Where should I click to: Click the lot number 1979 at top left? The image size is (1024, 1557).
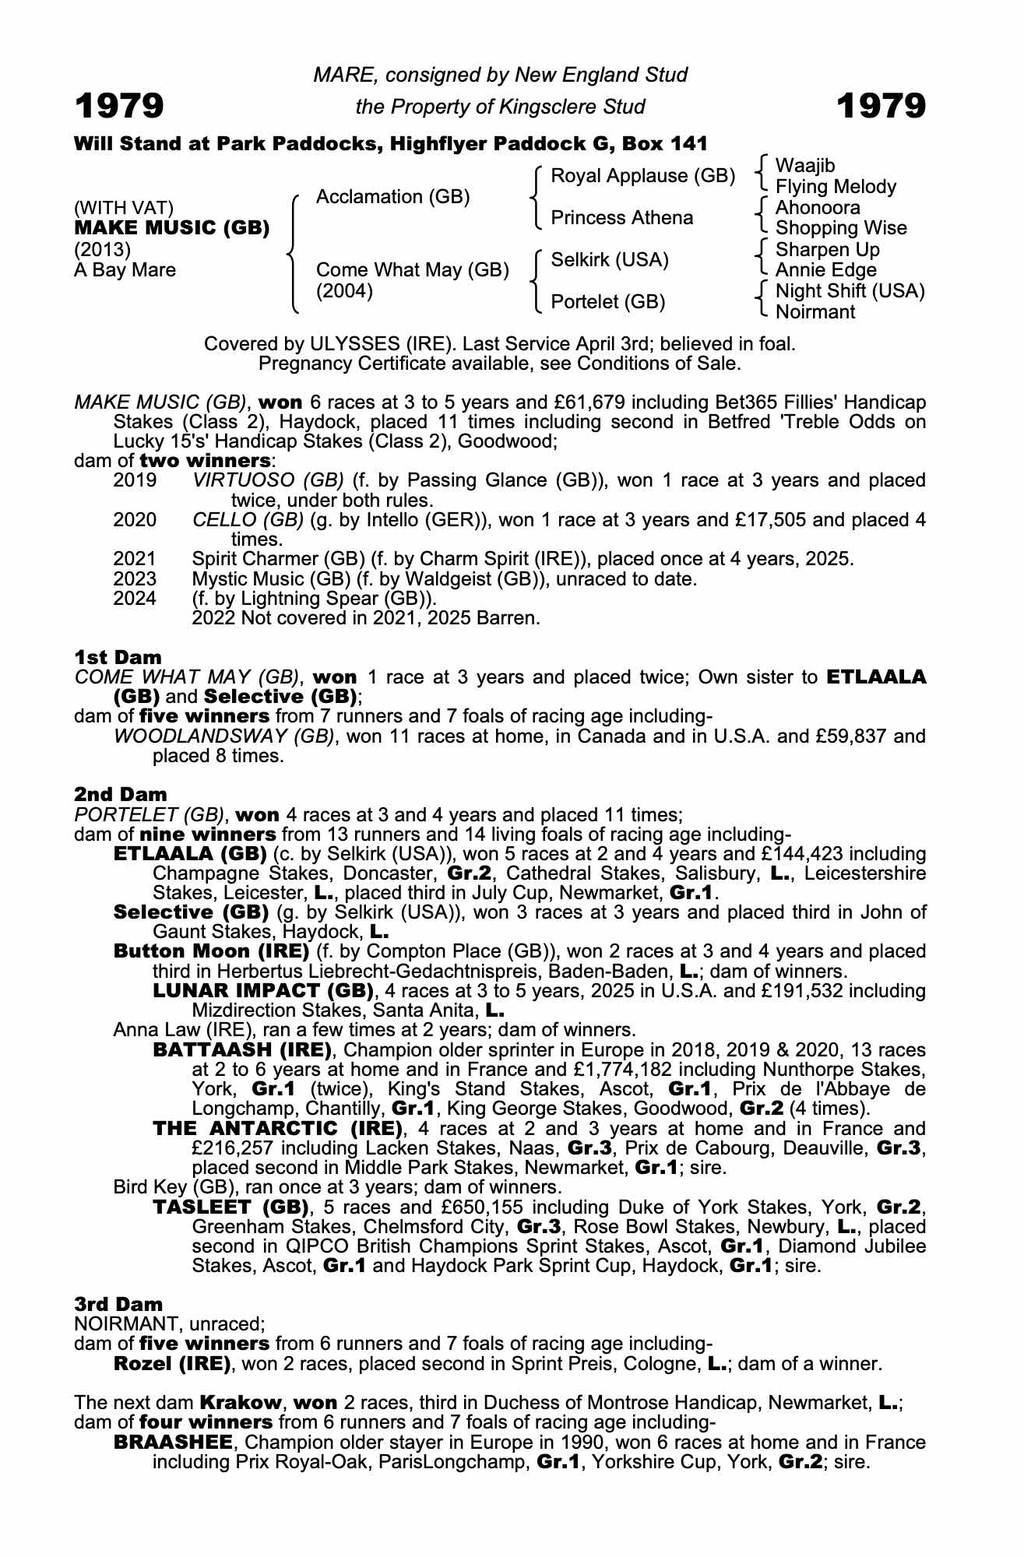(x=119, y=106)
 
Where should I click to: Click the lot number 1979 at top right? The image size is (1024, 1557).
(x=881, y=106)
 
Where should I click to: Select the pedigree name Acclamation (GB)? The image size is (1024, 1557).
(x=392, y=197)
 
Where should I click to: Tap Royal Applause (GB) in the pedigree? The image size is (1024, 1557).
(x=642, y=176)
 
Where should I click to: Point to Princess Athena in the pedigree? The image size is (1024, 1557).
(x=621, y=218)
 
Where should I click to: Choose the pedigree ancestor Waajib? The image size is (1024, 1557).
(x=805, y=166)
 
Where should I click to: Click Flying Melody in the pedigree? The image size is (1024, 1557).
(x=836, y=187)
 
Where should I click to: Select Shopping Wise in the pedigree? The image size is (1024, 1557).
(x=841, y=228)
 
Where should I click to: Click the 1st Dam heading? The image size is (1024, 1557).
(x=118, y=657)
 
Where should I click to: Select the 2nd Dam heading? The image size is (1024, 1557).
(x=121, y=795)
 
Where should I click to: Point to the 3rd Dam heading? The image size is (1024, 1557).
(x=118, y=1304)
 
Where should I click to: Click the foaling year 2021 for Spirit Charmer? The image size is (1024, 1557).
(x=135, y=559)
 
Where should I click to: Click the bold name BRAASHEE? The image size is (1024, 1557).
(x=173, y=1443)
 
